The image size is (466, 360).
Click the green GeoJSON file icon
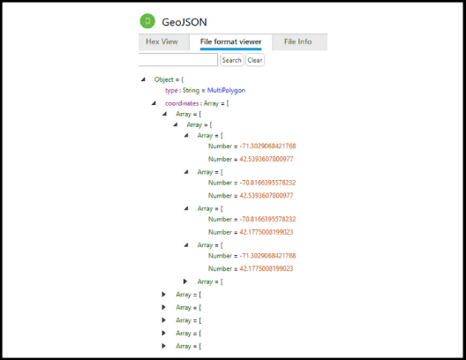coord(147,21)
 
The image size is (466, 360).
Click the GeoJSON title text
coord(184,22)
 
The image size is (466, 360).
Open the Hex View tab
coord(162,41)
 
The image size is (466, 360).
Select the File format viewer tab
coord(230,41)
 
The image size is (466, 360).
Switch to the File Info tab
coord(297,41)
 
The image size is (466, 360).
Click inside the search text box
coord(177,60)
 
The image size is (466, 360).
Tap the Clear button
coord(255,60)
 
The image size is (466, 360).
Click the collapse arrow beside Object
coord(144,79)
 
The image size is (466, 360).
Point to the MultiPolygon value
coord(226,90)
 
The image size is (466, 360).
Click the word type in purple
coord(171,90)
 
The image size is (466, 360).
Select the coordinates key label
coord(182,103)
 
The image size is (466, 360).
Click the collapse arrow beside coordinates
coord(154,103)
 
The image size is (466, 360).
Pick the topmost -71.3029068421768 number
coord(267,146)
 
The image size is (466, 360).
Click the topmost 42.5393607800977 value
coord(267,159)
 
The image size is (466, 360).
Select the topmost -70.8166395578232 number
coord(267,183)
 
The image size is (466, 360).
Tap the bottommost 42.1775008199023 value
coord(267,268)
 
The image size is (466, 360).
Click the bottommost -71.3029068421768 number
coord(267,256)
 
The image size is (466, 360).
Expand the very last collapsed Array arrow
coord(164,346)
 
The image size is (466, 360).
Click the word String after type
coord(191,90)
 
